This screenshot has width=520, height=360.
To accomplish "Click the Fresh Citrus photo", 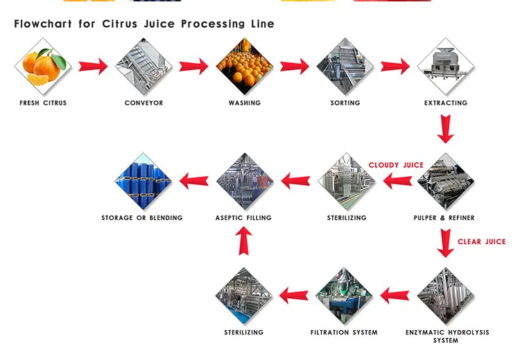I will pos(43,66).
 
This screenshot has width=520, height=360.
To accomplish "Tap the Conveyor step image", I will pos(144,66).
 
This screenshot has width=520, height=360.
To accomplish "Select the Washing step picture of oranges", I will pos(245,66).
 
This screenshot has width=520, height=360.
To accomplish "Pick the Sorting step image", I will pos(345,66).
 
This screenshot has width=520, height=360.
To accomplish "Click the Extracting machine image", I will pos(446,66).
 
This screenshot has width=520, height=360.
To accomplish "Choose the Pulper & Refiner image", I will pos(446,181).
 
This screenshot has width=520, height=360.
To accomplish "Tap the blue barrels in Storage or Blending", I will pos(143,181).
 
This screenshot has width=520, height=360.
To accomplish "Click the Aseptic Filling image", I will pos(245,181).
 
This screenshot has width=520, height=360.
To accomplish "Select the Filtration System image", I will pos(345,296).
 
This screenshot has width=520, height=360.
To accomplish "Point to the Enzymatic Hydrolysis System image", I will pos(446,296).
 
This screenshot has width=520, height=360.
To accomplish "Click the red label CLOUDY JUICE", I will pos(396,165).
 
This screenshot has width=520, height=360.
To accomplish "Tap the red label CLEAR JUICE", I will pos(481,242).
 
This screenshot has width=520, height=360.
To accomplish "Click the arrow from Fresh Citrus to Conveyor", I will pos(93,67).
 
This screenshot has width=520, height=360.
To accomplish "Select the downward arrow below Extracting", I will pos(446,128).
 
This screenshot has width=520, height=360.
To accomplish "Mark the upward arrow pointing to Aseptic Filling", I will pos(245,241).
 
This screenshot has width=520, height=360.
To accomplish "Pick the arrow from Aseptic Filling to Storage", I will pos(194,181).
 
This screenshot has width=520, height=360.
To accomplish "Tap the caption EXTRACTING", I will pos(446,103).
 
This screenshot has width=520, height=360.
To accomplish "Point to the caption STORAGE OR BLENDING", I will pos(142,218).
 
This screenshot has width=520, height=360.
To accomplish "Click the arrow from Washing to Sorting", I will pos(295,67).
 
